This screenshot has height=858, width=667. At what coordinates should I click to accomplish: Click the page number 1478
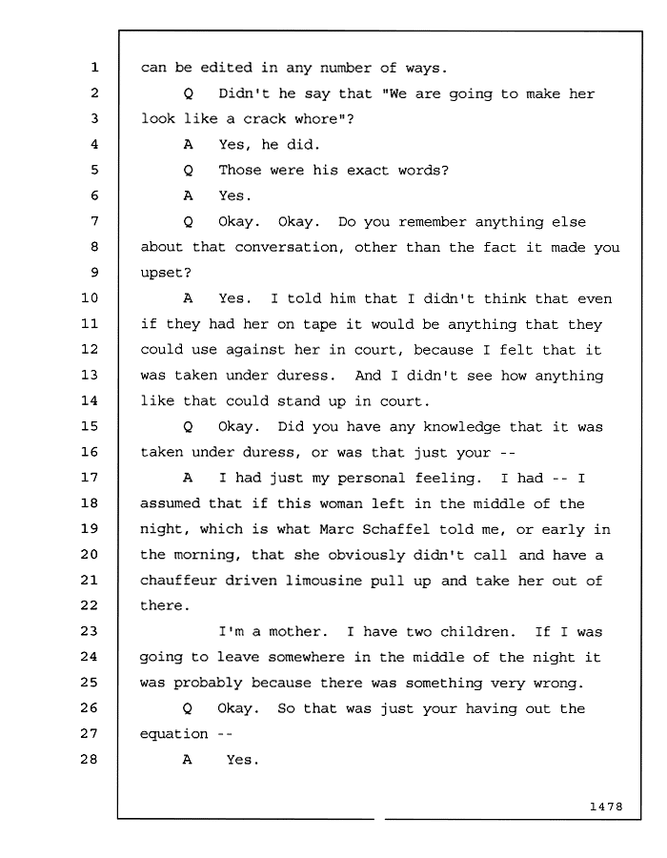click(x=606, y=806)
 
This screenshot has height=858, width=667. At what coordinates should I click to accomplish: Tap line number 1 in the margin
click(x=94, y=67)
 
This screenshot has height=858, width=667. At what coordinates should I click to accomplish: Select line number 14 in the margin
click(x=90, y=400)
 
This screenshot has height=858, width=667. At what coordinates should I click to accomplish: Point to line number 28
click(x=90, y=759)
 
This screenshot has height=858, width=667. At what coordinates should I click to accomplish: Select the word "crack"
click(x=265, y=119)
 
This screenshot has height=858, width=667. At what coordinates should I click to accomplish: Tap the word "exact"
click(x=368, y=171)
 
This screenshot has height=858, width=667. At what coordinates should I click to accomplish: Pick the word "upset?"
click(x=166, y=273)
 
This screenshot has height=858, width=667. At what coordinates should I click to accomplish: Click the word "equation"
click(x=173, y=734)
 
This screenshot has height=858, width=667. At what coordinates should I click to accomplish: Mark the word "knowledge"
click(x=462, y=427)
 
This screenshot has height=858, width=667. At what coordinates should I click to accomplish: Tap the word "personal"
click(x=372, y=479)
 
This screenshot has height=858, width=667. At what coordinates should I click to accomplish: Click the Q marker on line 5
click(x=188, y=171)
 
